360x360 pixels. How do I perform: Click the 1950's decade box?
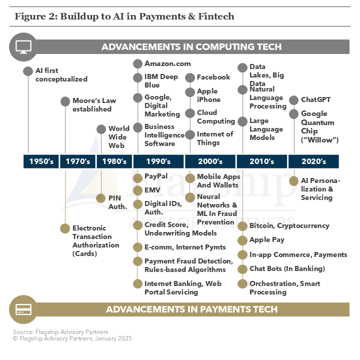click(x=41, y=161)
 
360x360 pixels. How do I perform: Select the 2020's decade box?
click(x=313, y=161)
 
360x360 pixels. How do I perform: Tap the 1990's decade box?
click(x=158, y=161)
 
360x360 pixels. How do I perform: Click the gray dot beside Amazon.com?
click(x=138, y=64)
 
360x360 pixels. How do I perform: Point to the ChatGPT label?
click(x=315, y=99)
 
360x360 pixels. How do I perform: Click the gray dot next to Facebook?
click(x=190, y=77)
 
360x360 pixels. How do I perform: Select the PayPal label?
click(x=156, y=176)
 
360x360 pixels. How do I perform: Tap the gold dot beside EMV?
click(x=138, y=190)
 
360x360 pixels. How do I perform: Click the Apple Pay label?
click(x=267, y=239)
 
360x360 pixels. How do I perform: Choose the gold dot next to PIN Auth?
click(x=101, y=198)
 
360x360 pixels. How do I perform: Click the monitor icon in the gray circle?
click(x=23, y=47)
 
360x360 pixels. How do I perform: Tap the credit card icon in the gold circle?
click(x=23, y=309)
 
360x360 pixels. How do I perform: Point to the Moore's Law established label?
click(x=94, y=104)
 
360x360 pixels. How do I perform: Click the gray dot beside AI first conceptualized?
click(x=28, y=71)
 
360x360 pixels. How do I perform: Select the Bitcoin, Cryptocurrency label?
click(x=289, y=225)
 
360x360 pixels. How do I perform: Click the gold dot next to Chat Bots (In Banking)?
click(x=242, y=269)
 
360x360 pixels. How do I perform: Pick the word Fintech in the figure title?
click(x=216, y=16)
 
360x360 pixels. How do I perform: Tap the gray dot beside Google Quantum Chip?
click(x=293, y=114)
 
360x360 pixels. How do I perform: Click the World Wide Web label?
click(x=119, y=137)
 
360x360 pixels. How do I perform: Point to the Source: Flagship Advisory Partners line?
click(x=60, y=332)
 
